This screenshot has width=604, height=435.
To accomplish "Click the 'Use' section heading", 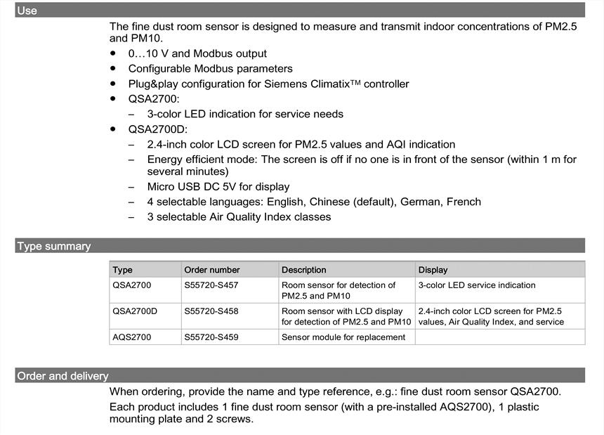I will point(27,11).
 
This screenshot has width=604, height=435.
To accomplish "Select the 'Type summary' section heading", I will point(54,246).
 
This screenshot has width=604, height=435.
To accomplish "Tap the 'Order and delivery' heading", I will point(63,376).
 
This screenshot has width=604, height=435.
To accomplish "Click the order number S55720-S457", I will point(211,285).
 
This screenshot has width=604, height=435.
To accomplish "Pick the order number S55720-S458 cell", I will point(211,311).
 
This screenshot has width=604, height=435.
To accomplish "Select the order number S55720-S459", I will point(211,337).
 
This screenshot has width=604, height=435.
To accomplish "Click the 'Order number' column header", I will point(211,270).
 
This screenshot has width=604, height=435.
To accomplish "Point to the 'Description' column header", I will point(303,270).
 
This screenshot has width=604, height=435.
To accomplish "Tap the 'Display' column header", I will point(433,270).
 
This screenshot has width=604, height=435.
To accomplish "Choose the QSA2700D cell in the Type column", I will point(135,311).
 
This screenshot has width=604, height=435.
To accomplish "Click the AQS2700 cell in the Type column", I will point(132,337).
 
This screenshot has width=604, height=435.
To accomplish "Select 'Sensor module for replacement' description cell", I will point(343,337).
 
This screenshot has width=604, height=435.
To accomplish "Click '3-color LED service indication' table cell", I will point(477,285).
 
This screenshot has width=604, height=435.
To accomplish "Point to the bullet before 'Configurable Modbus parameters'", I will point(113,68).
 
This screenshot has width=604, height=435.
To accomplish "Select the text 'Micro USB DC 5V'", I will point(189,187).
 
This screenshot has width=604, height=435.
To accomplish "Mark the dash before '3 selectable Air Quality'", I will point(132,217).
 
